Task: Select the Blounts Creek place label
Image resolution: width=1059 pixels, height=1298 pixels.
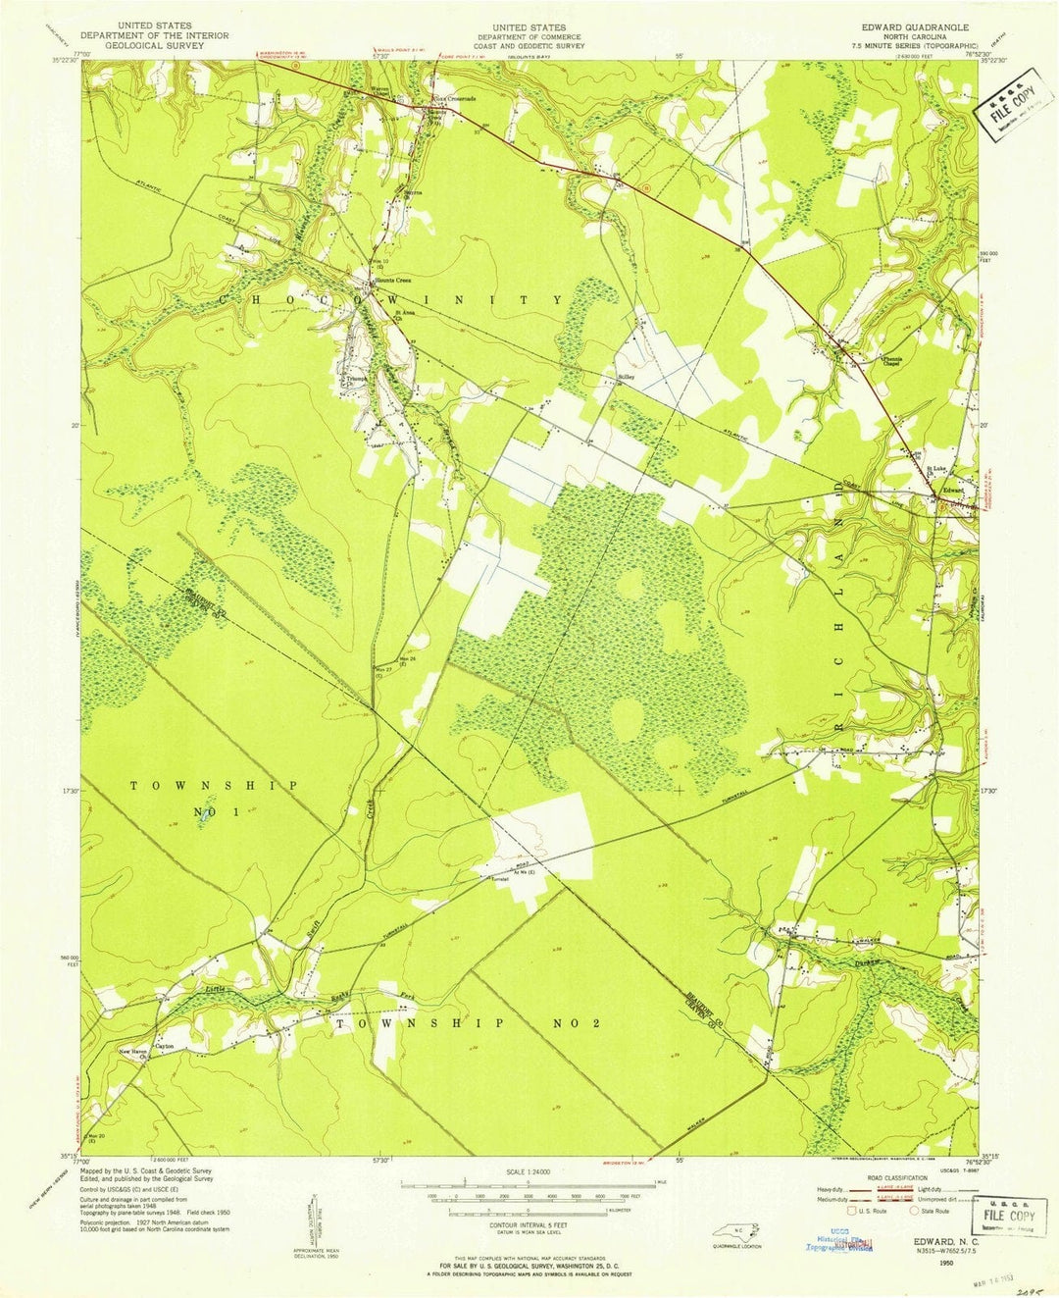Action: click(396, 280)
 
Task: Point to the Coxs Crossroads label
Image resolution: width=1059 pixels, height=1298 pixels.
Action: click(456, 99)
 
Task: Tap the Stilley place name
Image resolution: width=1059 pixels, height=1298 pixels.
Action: click(626, 376)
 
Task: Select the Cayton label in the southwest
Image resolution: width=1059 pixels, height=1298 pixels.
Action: click(164, 1047)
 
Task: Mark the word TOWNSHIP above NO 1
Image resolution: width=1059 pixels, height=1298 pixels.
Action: click(214, 786)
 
